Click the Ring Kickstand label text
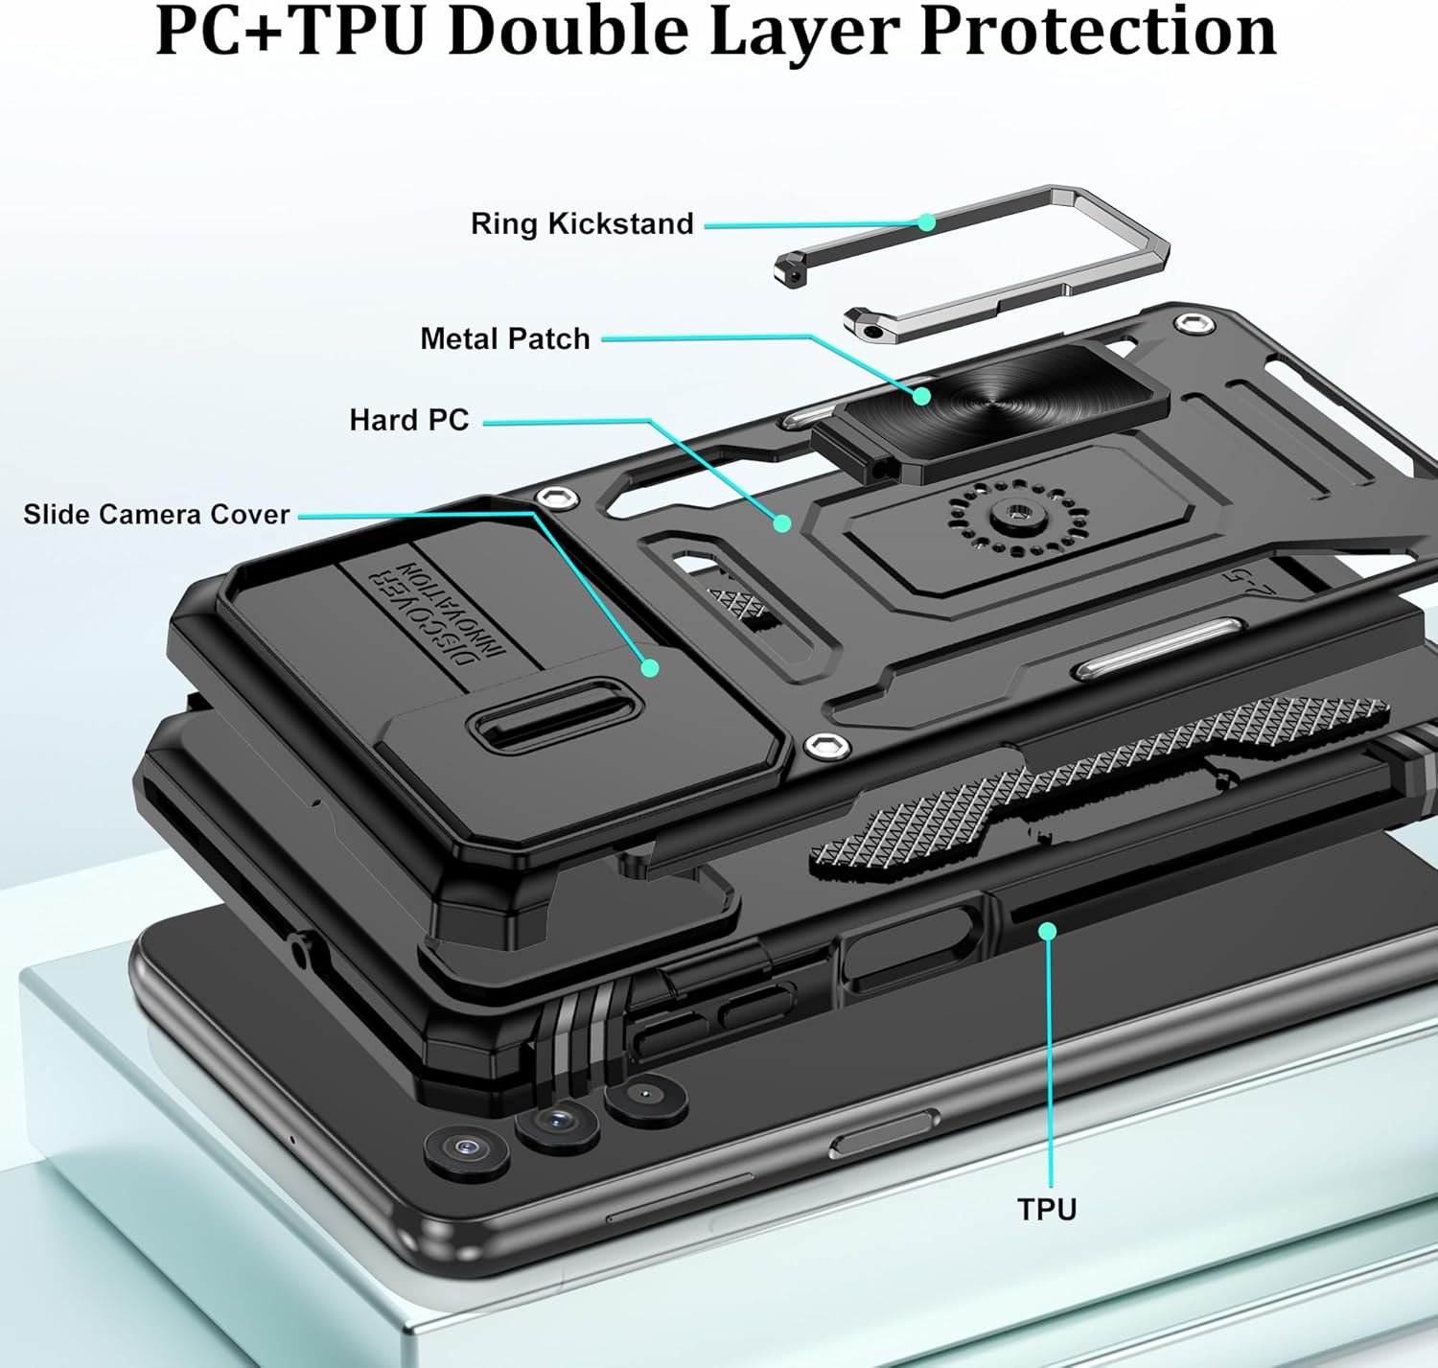pos(582,224)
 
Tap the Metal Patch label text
pos(504,338)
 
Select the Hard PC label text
pos(409,420)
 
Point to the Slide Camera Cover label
pos(156,514)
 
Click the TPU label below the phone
pos(1047,1209)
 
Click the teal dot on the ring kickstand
pos(927,221)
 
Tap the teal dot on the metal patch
pos(921,397)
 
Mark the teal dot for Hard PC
pos(782,523)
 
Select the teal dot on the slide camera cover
pos(650,667)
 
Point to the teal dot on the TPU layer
pos(1048,931)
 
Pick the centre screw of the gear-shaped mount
pos(1014,514)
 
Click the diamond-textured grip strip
pos(1097,777)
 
